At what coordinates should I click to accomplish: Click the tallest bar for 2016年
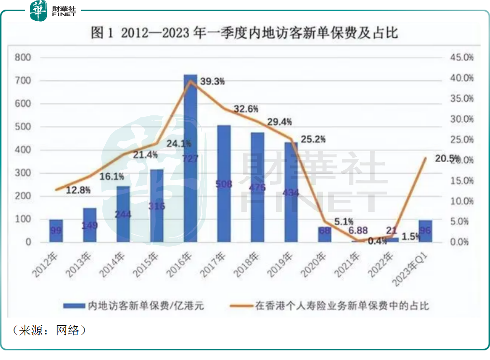pyautogui.click(x=190, y=159)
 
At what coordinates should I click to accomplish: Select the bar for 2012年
pyautogui.click(x=56, y=231)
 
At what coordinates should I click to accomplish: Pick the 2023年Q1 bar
pyautogui.click(x=425, y=231)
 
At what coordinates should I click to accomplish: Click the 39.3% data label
pyautogui.click(x=213, y=82)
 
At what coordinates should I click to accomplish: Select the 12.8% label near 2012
pyautogui.click(x=79, y=190)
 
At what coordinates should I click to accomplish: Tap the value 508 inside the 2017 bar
pyautogui.click(x=224, y=184)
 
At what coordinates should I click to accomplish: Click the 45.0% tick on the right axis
pyautogui.click(x=462, y=58)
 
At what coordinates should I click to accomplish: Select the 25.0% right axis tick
pyautogui.click(x=462, y=140)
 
